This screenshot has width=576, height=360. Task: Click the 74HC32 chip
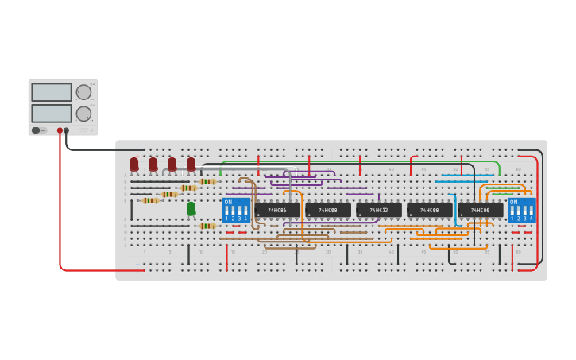[x=379, y=211]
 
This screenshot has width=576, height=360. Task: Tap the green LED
[x=191, y=208]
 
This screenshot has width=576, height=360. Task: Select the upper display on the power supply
[x=52, y=92]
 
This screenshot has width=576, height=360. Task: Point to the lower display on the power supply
[x=52, y=113]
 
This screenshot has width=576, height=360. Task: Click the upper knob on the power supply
[x=83, y=92]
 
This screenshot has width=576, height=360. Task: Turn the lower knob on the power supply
[x=83, y=114]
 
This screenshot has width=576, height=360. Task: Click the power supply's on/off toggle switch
[x=36, y=130]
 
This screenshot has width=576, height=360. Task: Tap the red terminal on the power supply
[x=60, y=130]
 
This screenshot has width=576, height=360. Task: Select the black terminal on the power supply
[x=66, y=130]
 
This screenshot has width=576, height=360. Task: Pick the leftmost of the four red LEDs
[x=133, y=164]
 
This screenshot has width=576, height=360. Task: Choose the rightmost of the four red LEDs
[x=191, y=164]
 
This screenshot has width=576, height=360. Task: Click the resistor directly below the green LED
[x=207, y=226]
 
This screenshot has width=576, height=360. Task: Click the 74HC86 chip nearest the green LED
[x=277, y=211]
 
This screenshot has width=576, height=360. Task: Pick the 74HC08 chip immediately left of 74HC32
[x=328, y=211]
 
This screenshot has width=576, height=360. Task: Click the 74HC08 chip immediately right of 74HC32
[x=430, y=211]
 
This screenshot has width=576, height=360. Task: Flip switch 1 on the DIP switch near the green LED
[x=226, y=215]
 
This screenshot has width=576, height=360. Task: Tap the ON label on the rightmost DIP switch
[x=513, y=202]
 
